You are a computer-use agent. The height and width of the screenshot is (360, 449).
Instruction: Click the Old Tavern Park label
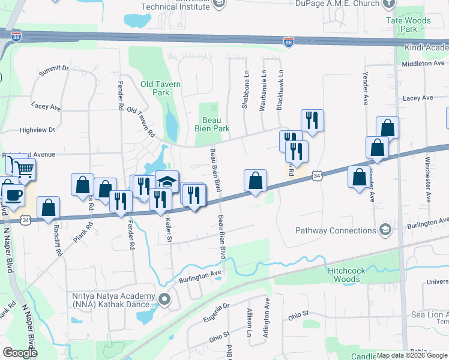tap(160, 88)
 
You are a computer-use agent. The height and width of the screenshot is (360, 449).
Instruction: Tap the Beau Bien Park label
tap(212, 124)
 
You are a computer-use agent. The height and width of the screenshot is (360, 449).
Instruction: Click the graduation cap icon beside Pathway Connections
tap(384, 230)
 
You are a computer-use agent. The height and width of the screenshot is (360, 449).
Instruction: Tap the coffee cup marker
tap(13, 194)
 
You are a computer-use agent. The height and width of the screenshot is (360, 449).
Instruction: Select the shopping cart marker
tap(23, 170)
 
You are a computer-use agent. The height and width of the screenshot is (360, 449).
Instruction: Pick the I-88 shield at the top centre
tap(289, 41)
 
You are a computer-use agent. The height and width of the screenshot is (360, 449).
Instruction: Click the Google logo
tap(20, 353)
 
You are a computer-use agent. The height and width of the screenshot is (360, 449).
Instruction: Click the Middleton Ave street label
tap(424, 63)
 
